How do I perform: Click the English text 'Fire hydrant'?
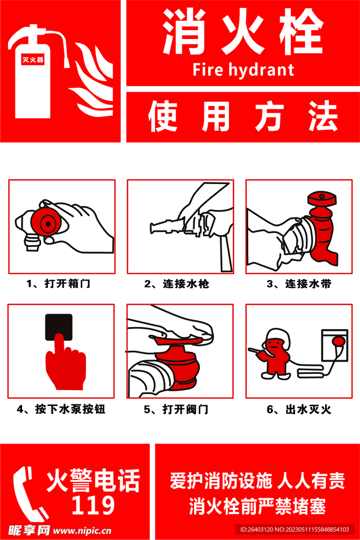[243, 70]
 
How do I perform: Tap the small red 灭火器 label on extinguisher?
[33, 60]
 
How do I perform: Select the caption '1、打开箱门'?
[59, 284]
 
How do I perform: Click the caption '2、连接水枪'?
[177, 284]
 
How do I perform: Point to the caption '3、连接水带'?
[299, 284]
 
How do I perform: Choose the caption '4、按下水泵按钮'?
[61, 409]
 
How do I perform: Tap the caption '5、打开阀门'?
[176, 409]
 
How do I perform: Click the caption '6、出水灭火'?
[299, 409]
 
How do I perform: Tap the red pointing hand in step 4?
[65, 364]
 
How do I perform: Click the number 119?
[93, 505]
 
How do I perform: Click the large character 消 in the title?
[184, 31]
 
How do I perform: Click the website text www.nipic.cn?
[82, 531]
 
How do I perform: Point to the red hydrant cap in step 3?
[322, 198]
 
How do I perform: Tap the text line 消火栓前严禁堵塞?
[257, 506]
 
